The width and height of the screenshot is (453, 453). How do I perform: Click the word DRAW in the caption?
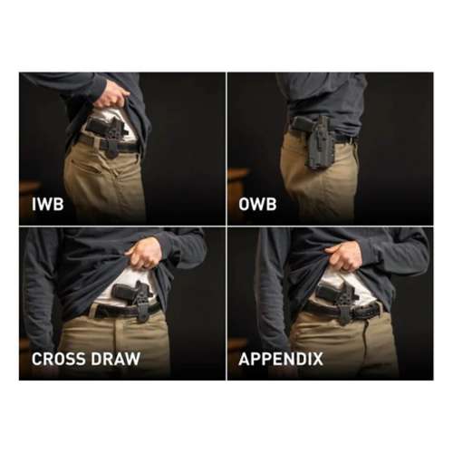(x=117, y=359)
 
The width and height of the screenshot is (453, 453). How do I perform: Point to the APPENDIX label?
(x=280, y=359)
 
